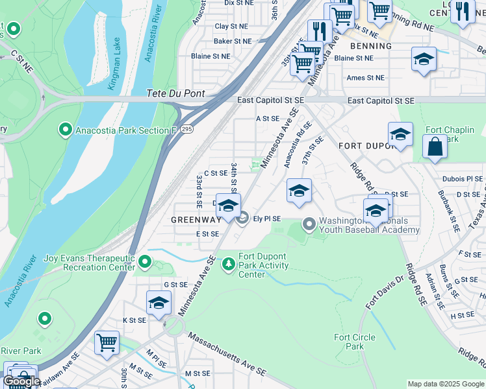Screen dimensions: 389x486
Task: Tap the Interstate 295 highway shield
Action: (x=186, y=129)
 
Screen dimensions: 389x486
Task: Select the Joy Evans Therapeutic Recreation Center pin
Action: (x=145, y=262)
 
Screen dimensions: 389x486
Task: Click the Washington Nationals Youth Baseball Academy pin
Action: (x=309, y=224)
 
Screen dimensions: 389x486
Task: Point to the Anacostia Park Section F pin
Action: (x=65, y=130)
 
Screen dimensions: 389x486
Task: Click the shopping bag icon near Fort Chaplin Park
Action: (x=435, y=147)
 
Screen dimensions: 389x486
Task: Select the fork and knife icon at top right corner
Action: (x=462, y=10)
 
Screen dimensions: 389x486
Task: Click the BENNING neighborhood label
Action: (x=371, y=46)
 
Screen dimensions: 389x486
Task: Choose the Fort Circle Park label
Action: (x=354, y=342)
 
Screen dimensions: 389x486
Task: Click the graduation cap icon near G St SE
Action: (x=159, y=303)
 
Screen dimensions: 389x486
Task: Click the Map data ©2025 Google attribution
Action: (x=446, y=384)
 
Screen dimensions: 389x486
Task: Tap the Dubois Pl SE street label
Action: (x=464, y=179)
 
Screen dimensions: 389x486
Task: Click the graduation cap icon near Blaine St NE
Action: (x=424, y=60)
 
